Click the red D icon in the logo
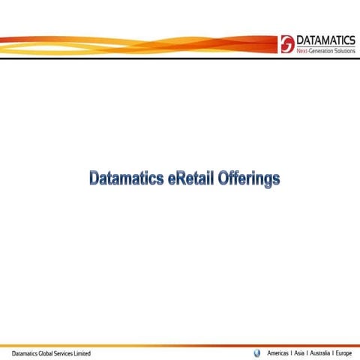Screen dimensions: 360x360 (x=286, y=41)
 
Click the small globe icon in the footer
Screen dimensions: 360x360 (x=258, y=352)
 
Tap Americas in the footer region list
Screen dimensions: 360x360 (x=279, y=352)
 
